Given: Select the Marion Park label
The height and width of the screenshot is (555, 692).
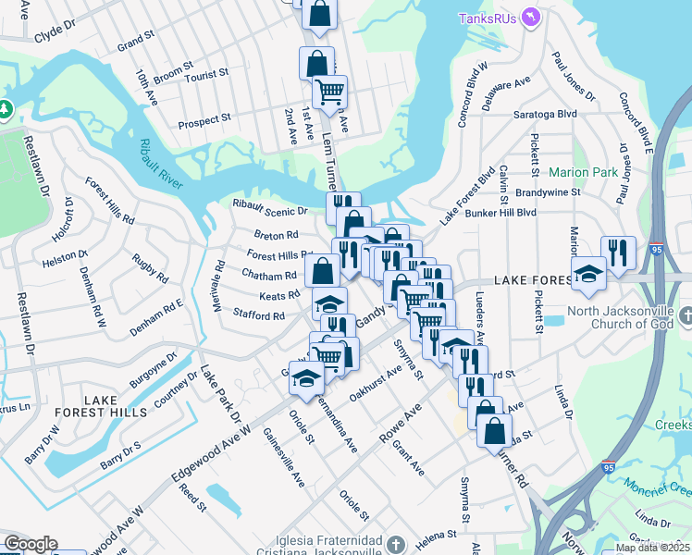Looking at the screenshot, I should (583, 172).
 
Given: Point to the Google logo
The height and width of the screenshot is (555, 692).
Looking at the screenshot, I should (30, 544).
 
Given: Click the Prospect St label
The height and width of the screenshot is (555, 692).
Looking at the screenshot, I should (204, 121).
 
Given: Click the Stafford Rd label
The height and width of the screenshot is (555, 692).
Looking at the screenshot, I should (258, 315).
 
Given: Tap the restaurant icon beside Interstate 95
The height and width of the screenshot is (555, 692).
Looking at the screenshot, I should (617, 253).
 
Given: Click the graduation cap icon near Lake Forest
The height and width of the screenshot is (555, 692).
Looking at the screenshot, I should (587, 273).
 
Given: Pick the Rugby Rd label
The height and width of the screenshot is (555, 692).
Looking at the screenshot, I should (149, 268).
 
